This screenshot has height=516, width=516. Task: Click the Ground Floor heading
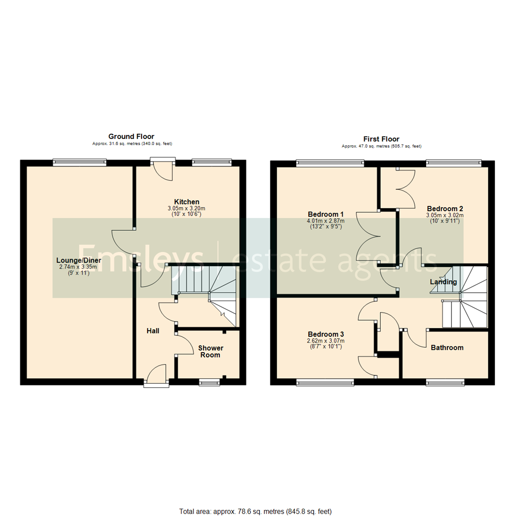pyautogui.click(x=131, y=137)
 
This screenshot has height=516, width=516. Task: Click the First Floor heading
pyautogui.click(x=381, y=139)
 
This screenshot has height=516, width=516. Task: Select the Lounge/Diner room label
pyautogui.click(x=80, y=260)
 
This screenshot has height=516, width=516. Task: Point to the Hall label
pyautogui.click(x=153, y=331)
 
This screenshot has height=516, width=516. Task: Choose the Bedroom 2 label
pyautogui.click(x=445, y=209)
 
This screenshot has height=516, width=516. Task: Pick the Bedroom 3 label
pyautogui.click(x=326, y=334)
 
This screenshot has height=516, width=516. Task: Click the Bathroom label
pyautogui.click(x=447, y=347)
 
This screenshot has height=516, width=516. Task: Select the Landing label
pyautogui.click(x=443, y=282)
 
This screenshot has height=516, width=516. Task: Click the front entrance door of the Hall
pyautogui.click(x=156, y=375)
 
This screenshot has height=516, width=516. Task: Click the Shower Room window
pyautogui.click(x=210, y=381)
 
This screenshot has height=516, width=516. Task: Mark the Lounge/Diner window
pyautogui.click(x=79, y=163)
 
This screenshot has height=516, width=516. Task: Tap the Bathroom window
pyautogui.click(x=445, y=382)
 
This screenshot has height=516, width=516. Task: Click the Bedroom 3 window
pyautogui.click(x=325, y=382)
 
